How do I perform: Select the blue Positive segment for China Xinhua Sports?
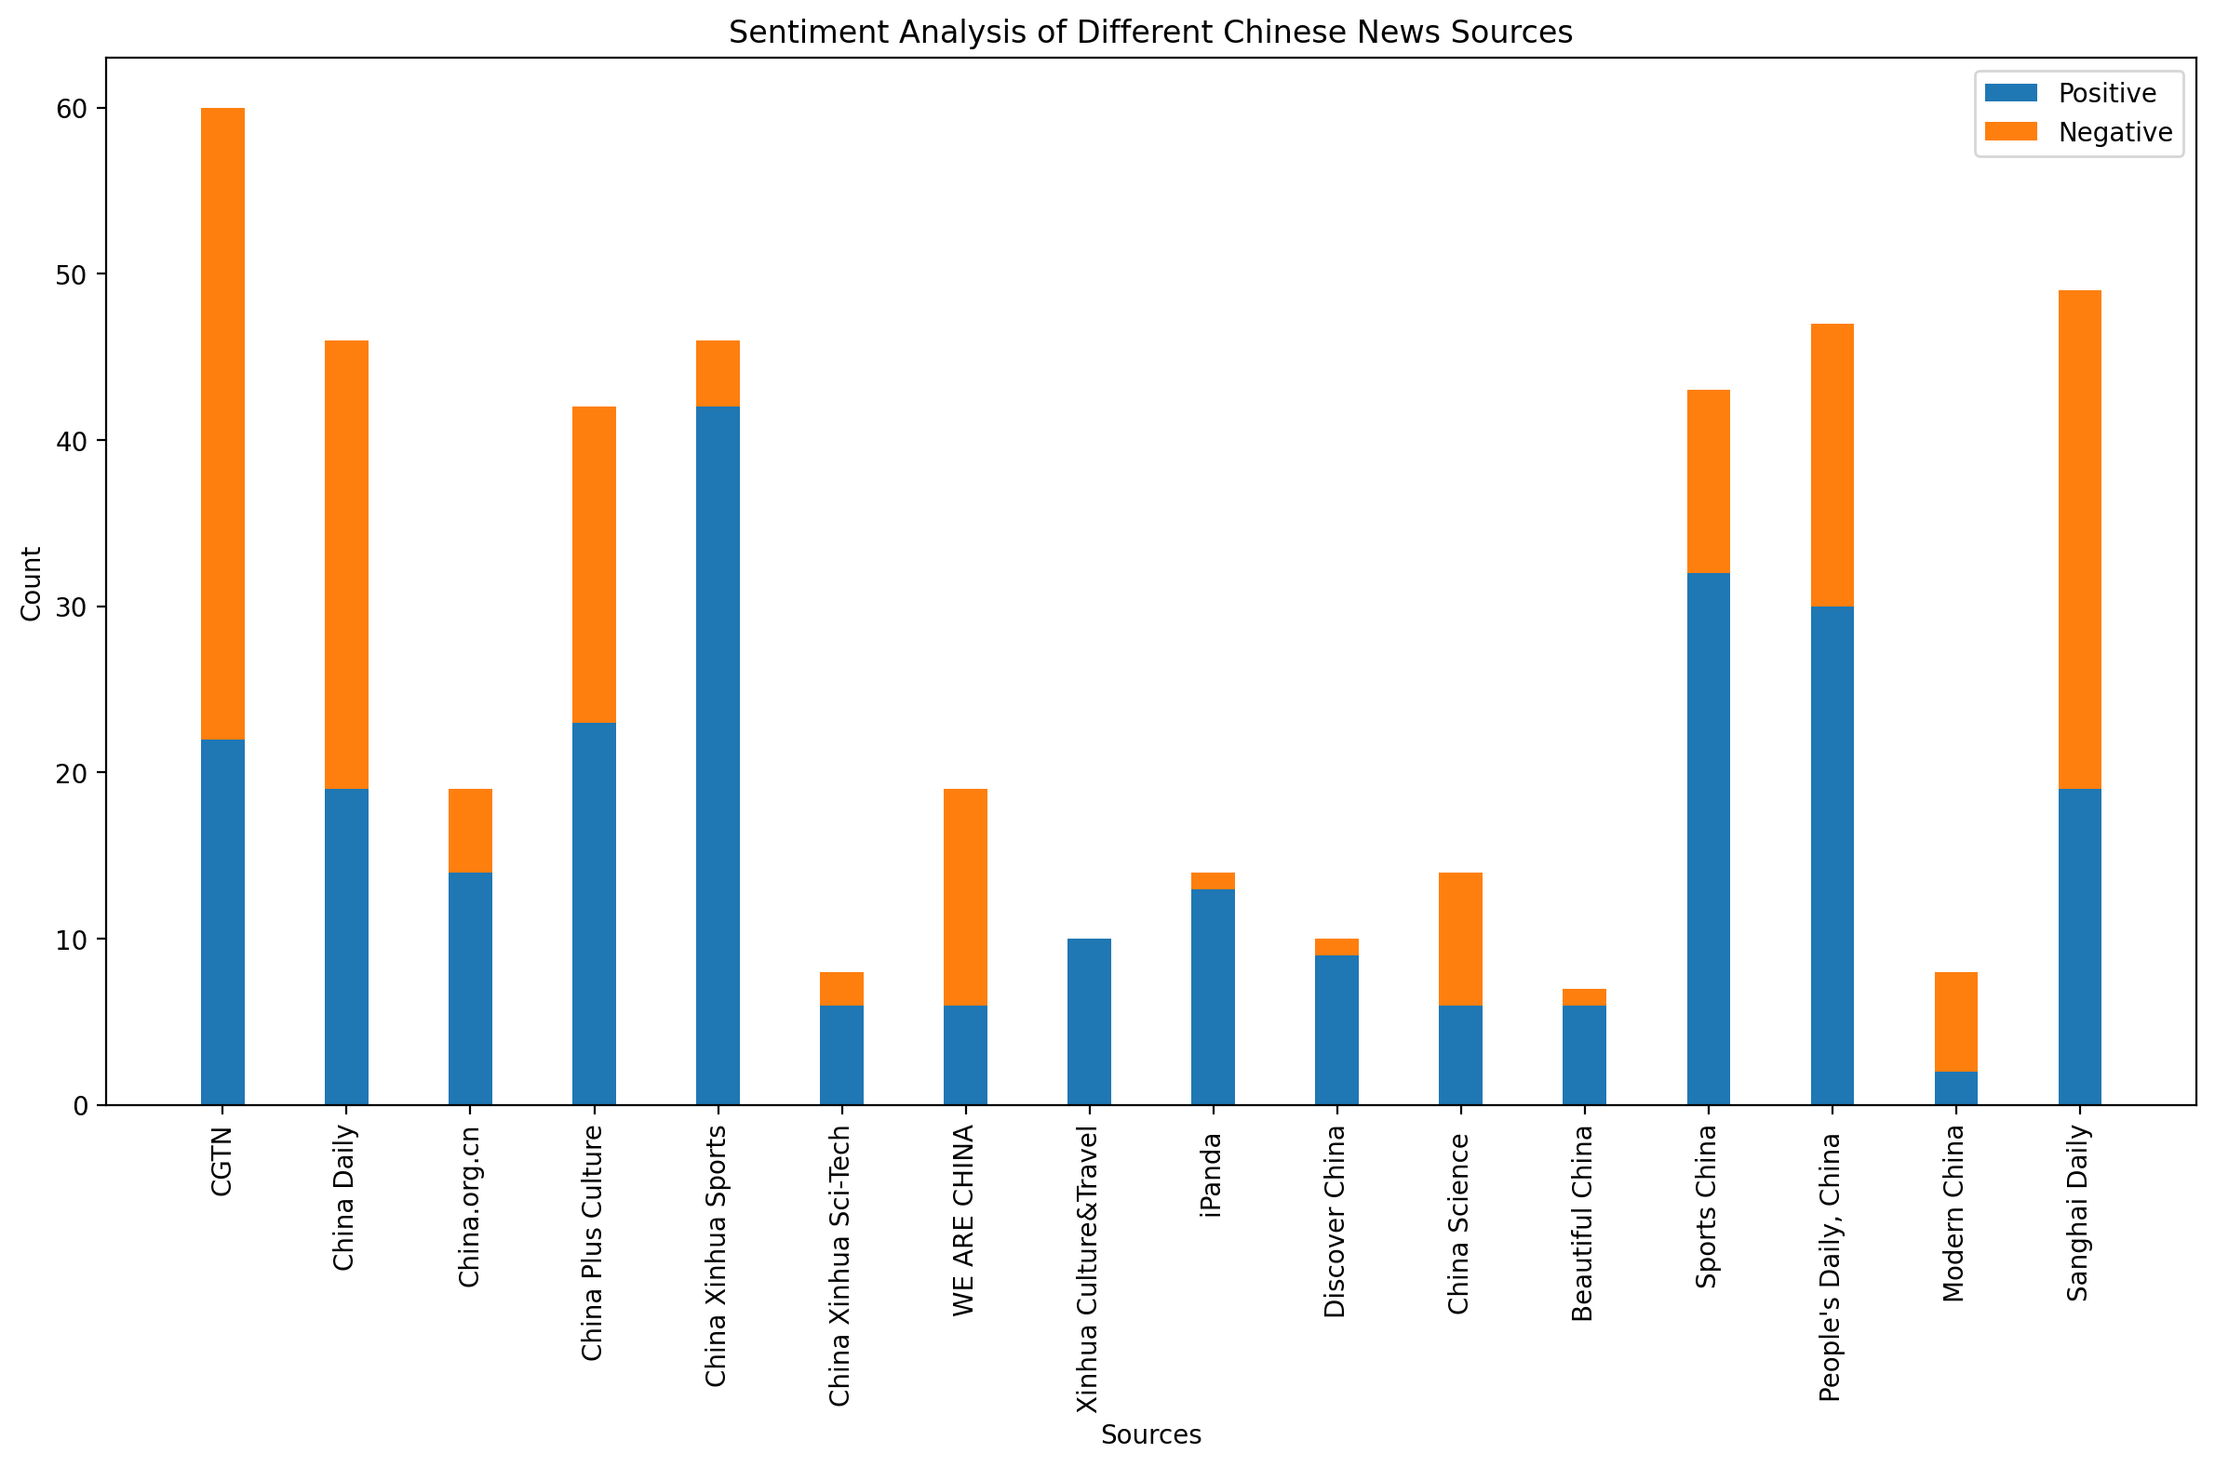[718, 755]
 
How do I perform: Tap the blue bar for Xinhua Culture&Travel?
[1088, 1020]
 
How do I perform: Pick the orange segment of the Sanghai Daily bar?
[2079, 539]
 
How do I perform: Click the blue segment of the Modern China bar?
[1955, 1087]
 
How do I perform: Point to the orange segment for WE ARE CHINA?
[965, 896]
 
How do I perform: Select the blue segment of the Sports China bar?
[1708, 838]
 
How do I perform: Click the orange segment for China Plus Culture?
[594, 564]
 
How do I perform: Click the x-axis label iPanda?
[1212, 1173]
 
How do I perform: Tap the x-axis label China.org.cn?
[470, 1207]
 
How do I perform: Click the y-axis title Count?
[32, 583]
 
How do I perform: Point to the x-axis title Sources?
[1150, 1434]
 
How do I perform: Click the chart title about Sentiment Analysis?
[1150, 33]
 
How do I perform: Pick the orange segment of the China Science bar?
[1460, 939]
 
